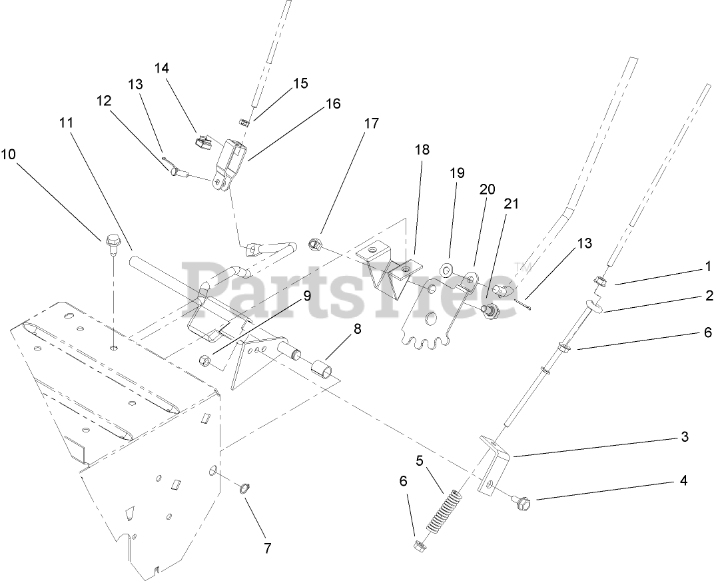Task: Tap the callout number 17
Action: pyautogui.click(x=371, y=123)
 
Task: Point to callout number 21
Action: pyautogui.click(x=510, y=203)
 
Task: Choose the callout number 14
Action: pyautogui.click(x=163, y=68)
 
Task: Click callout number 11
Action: pyautogui.click(x=65, y=123)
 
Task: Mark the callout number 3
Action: pyautogui.click(x=684, y=438)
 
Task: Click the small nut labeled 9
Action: pyautogui.click(x=205, y=361)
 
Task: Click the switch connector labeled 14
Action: pyautogui.click(x=202, y=141)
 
